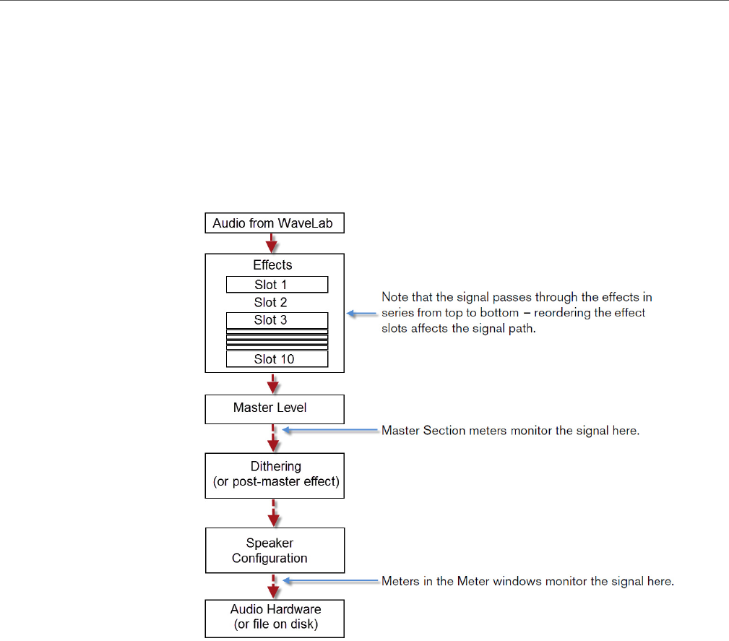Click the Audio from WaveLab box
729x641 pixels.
[274, 223]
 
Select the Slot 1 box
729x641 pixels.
[277, 285]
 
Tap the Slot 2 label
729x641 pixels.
[271, 302]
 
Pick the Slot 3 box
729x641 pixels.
[277, 320]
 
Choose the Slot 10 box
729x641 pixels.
[277, 359]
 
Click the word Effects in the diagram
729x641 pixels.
[272, 265]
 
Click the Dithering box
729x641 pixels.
[274, 475]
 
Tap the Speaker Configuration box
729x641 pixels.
[274, 551]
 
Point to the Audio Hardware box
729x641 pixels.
[274, 617]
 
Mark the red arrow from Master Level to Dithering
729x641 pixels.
[272, 438]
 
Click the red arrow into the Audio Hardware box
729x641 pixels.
[272, 586]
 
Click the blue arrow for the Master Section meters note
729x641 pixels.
[330, 431]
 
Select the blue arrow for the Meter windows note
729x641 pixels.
[330, 581]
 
